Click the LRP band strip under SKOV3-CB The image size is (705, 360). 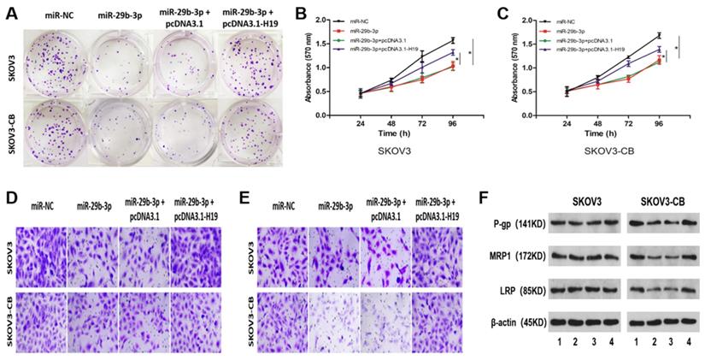coord(664,291)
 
